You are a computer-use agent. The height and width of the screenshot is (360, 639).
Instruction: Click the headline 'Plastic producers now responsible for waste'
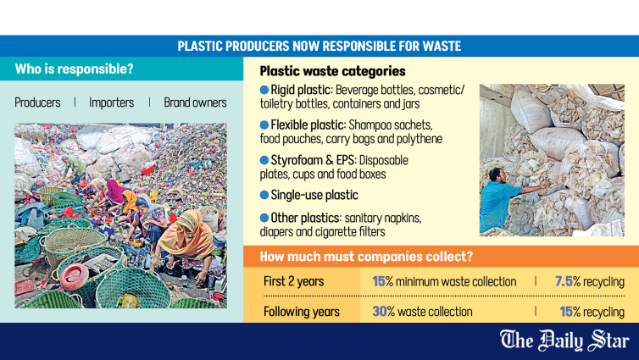pos(319,46)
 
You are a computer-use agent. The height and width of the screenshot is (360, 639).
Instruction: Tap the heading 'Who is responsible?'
pos(75,69)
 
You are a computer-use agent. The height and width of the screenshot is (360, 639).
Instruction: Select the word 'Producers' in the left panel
pos(37,102)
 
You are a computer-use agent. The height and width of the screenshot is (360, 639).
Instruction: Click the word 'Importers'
pos(111,102)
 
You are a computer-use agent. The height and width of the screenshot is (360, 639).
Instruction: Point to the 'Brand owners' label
pos(195,102)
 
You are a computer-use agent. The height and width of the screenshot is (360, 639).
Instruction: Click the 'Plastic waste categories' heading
pos(332,71)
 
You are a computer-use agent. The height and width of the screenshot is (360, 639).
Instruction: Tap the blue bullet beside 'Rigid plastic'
pos(264,90)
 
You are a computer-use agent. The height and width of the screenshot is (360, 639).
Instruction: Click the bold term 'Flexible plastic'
pos(308,125)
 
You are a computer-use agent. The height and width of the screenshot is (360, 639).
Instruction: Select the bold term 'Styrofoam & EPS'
pos(313,160)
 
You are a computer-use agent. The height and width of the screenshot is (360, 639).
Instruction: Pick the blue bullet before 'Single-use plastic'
pos(264,195)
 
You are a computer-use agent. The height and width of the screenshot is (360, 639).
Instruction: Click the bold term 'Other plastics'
pos(305,218)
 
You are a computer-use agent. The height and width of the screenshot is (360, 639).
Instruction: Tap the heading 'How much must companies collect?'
pos(366,257)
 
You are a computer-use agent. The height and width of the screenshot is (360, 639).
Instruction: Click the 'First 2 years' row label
pos(293,281)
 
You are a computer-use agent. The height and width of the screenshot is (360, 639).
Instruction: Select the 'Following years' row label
pos(301,312)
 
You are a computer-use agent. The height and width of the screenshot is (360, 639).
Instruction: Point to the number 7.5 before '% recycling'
pos(564,281)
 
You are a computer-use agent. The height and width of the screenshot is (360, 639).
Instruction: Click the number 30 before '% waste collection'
pos(380,312)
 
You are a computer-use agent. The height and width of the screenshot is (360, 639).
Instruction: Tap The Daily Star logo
pos(564,341)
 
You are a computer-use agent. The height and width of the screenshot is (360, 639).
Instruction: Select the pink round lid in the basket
pos(74,276)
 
